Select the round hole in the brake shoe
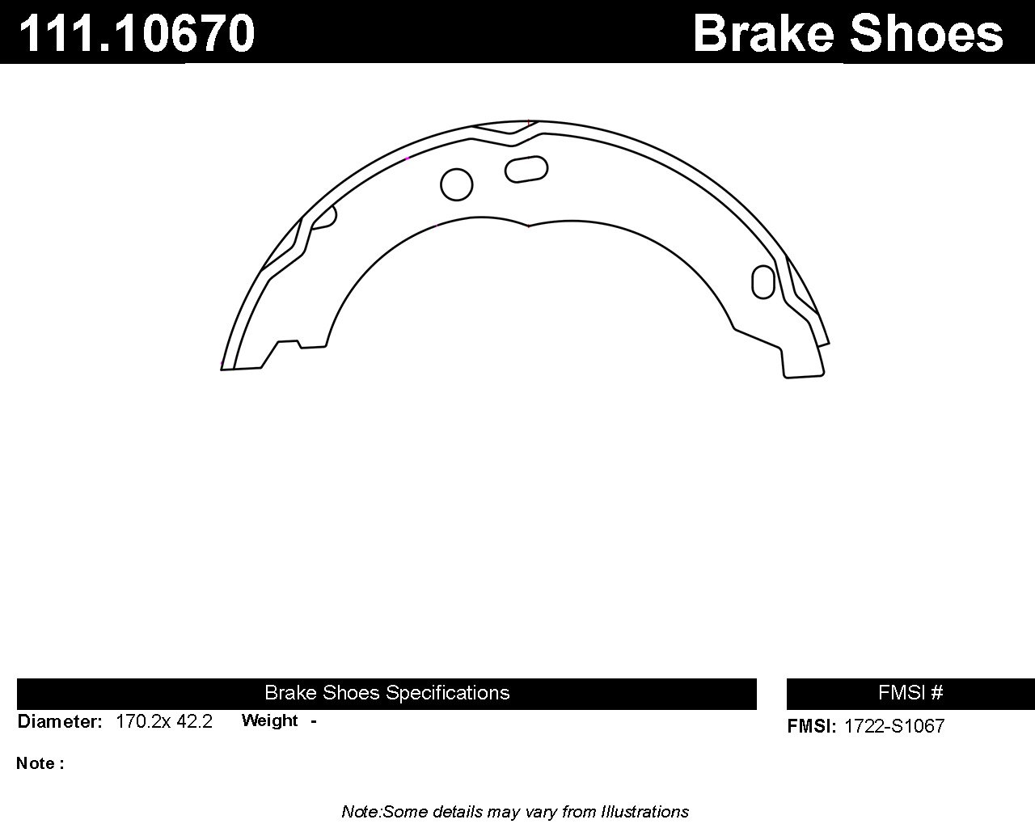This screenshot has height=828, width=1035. (x=456, y=184)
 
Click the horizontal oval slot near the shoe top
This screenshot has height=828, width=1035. (x=526, y=169)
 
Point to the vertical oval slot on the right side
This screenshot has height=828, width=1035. (x=763, y=282)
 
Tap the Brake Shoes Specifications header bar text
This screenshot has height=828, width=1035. (x=387, y=693)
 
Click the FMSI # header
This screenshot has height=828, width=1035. (x=910, y=693)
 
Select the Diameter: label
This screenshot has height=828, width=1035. (x=60, y=722)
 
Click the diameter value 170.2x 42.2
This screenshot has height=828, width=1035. (x=164, y=722)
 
